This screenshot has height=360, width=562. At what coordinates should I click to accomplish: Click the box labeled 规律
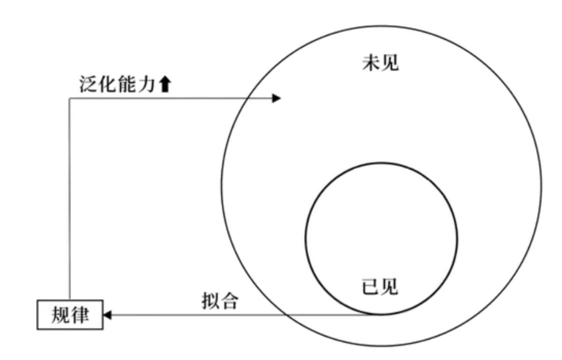tap(70, 314)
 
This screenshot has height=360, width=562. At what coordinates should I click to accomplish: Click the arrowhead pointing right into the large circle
tap(276, 98)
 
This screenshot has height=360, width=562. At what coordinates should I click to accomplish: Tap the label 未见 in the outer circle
tap(380, 64)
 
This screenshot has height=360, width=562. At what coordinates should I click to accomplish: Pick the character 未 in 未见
tap(370, 64)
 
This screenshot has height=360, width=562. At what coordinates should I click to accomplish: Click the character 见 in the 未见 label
tap(390, 64)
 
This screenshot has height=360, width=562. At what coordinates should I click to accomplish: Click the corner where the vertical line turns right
tap(69, 98)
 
